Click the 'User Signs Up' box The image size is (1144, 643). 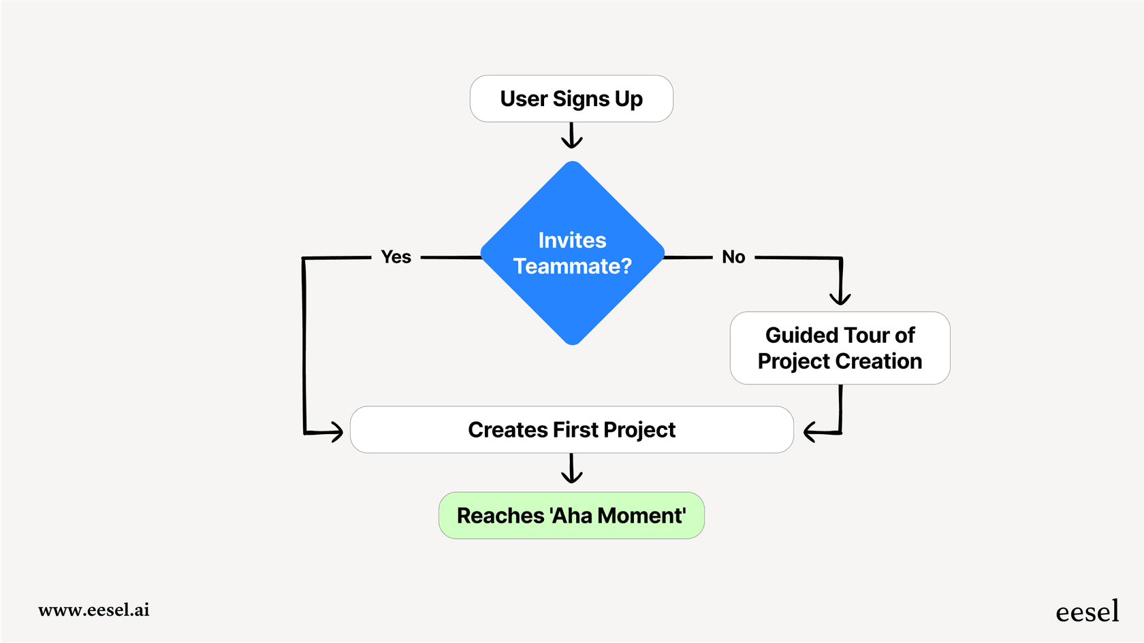click(571, 99)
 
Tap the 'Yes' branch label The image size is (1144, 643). click(396, 257)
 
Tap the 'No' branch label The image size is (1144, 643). click(733, 257)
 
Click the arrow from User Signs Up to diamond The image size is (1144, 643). click(571, 135)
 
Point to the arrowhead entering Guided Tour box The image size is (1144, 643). click(840, 298)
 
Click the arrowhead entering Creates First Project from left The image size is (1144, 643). click(336, 431)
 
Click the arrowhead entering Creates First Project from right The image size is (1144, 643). click(810, 432)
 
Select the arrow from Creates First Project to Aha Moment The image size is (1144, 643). click(571, 469)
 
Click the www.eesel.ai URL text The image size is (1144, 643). click(94, 610)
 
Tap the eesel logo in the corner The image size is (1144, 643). click(1087, 612)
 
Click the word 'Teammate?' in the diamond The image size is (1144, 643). click(572, 266)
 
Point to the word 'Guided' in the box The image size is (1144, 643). click(801, 335)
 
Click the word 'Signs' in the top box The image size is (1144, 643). click(581, 99)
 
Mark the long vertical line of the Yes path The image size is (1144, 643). click(304, 344)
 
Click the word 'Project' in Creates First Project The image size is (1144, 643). click(639, 431)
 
